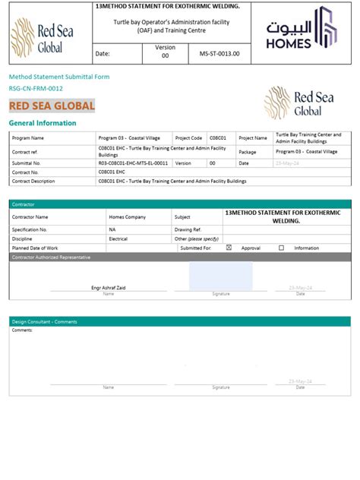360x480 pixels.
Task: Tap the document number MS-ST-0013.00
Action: point(219,55)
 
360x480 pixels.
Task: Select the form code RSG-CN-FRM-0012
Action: point(36,89)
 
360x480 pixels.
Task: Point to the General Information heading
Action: point(43,123)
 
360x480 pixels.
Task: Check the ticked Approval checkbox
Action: point(229,248)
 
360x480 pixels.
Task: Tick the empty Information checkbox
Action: point(281,248)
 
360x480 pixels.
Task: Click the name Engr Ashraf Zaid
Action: point(108,288)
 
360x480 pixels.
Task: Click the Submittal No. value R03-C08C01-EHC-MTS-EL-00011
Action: point(133,163)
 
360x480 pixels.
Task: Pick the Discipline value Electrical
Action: point(118,238)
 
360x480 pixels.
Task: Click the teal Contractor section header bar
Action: point(180,204)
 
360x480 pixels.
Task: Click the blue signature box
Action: point(220,276)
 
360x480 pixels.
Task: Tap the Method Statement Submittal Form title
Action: point(59,77)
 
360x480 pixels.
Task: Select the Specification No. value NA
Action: point(112,229)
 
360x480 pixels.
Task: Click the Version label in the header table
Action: point(165,47)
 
